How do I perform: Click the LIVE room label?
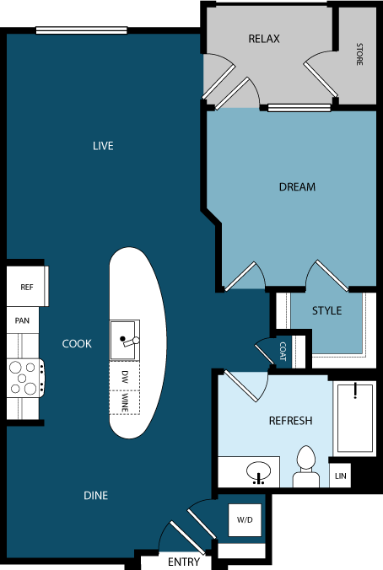[x=103, y=146]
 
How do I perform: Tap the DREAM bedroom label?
[x=297, y=186]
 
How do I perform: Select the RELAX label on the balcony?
[x=264, y=39]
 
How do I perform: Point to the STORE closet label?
[x=359, y=54]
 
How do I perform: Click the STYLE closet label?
[x=327, y=310]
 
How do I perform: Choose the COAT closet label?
[x=283, y=352]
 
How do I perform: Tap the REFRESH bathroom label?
[x=290, y=420]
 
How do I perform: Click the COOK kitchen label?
[x=77, y=343]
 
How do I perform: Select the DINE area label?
[x=95, y=495]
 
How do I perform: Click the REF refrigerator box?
[x=26, y=287]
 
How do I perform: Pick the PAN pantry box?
[x=23, y=320]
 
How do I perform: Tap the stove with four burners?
[x=25, y=377]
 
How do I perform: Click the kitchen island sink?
[x=124, y=336]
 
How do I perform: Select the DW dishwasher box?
[x=124, y=374]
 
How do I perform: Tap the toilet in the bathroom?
[x=305, y=469]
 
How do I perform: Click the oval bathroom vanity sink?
[x=260, y=474]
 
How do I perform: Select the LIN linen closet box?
[x=340, y=476]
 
